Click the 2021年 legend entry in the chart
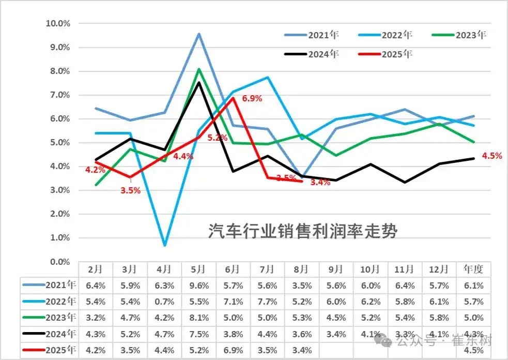323,36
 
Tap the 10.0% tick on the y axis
58,23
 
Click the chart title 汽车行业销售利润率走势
303,231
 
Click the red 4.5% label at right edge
491,156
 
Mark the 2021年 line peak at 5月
199,34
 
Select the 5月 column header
199,269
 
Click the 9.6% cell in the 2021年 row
199,285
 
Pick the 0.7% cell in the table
164,302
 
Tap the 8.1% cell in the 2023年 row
199,318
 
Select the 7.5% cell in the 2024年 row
199,334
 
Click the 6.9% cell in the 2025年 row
233,351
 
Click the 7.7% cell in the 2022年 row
268,302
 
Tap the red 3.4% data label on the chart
320,183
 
